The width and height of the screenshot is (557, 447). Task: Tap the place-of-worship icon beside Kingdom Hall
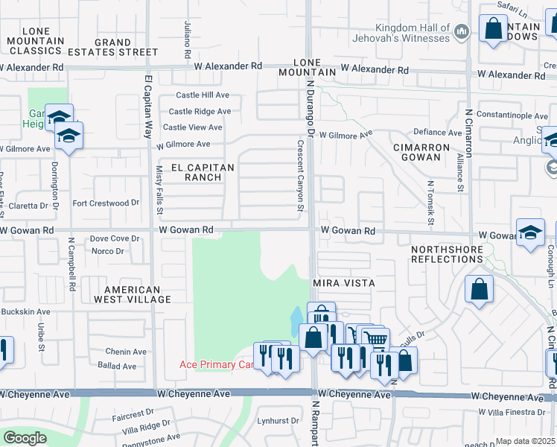point(462,31)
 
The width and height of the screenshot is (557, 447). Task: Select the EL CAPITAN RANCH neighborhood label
point(192,171)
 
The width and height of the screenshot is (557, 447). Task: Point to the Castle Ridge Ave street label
point(202,111)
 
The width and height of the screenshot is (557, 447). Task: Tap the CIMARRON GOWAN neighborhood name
point(421,153)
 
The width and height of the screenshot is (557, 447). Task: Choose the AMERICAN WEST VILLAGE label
point(132,294)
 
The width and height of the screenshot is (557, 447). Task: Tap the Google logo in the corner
point(25,438)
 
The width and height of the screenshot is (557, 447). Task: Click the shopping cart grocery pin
point(377,339)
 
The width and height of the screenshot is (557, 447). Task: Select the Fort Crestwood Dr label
point(106,203)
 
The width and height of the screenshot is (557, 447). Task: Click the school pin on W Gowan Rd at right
point(530,232)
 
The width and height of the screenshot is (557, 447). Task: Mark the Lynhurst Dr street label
point(278,421)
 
